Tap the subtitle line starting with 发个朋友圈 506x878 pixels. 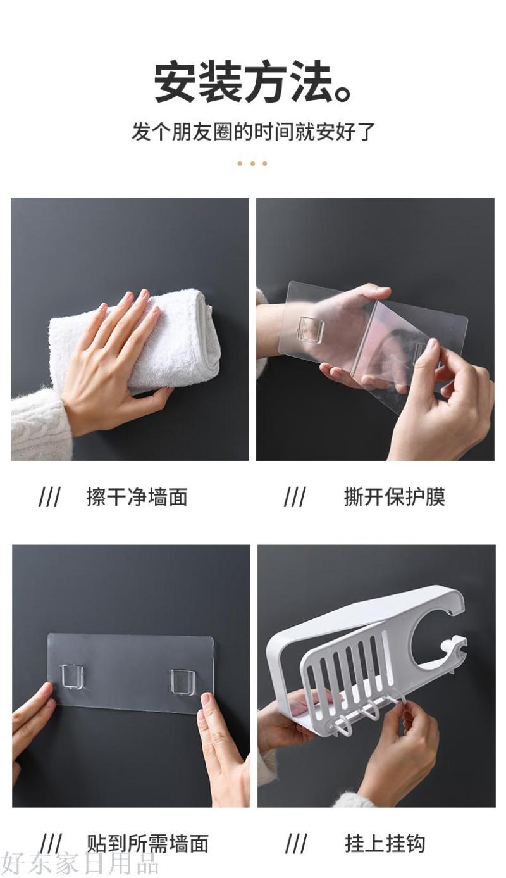pos(253,131)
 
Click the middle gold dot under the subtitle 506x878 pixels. pos(252,163)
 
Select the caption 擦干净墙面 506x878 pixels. pos(137,497)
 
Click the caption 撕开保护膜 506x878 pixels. pos(395,497)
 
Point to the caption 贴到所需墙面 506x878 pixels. pos(147,843)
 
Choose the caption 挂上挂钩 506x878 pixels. pos(385,843)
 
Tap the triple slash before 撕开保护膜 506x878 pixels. pos(295,497)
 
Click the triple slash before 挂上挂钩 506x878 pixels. pos(296,844)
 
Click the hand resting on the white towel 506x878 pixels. pos(114,361)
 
